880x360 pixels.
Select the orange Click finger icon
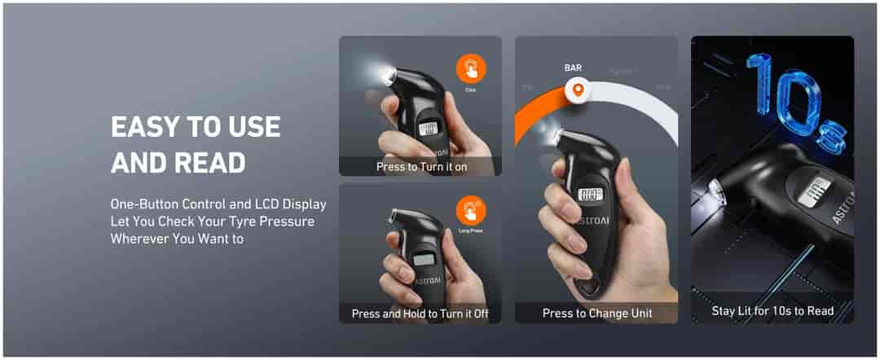tap(471, 68)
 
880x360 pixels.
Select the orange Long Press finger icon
tap(471, 210)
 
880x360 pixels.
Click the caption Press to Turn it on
tap(422, 167)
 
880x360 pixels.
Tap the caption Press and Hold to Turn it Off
tap(420, 314)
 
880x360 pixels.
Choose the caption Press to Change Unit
tap(596, 314)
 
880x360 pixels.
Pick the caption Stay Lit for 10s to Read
tap(772, 310)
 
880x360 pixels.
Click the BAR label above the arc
tap(574, 69)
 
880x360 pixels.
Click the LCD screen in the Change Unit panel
tap(590, 195)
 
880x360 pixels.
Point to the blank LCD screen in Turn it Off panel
tap(423, 260)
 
